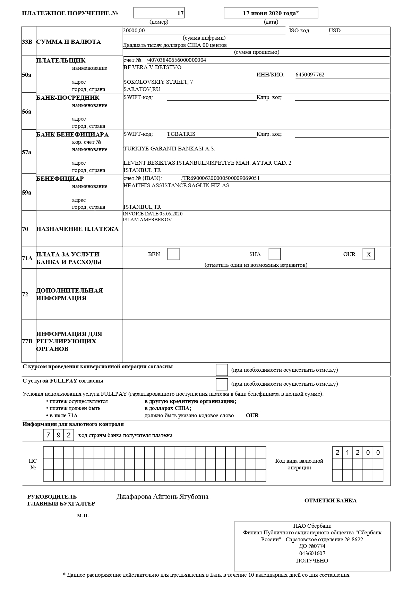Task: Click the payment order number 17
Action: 180,13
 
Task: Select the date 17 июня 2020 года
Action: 271,13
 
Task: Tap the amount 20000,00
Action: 134,31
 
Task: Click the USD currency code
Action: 335,31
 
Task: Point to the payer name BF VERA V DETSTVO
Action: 152,67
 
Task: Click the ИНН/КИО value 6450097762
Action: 310,74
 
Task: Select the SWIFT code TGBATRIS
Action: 181,134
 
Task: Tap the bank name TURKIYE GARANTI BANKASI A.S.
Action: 169,149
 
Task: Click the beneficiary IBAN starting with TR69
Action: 221,178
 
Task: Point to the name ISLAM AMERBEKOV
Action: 147,220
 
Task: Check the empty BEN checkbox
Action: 173,254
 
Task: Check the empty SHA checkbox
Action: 275,254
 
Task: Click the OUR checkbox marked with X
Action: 369,254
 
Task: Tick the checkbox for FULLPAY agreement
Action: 222,384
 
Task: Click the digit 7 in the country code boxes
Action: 48,435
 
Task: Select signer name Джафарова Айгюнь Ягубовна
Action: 162,497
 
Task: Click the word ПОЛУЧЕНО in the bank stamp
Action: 312,560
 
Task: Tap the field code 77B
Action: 27,341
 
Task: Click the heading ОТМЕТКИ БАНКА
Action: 331,501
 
